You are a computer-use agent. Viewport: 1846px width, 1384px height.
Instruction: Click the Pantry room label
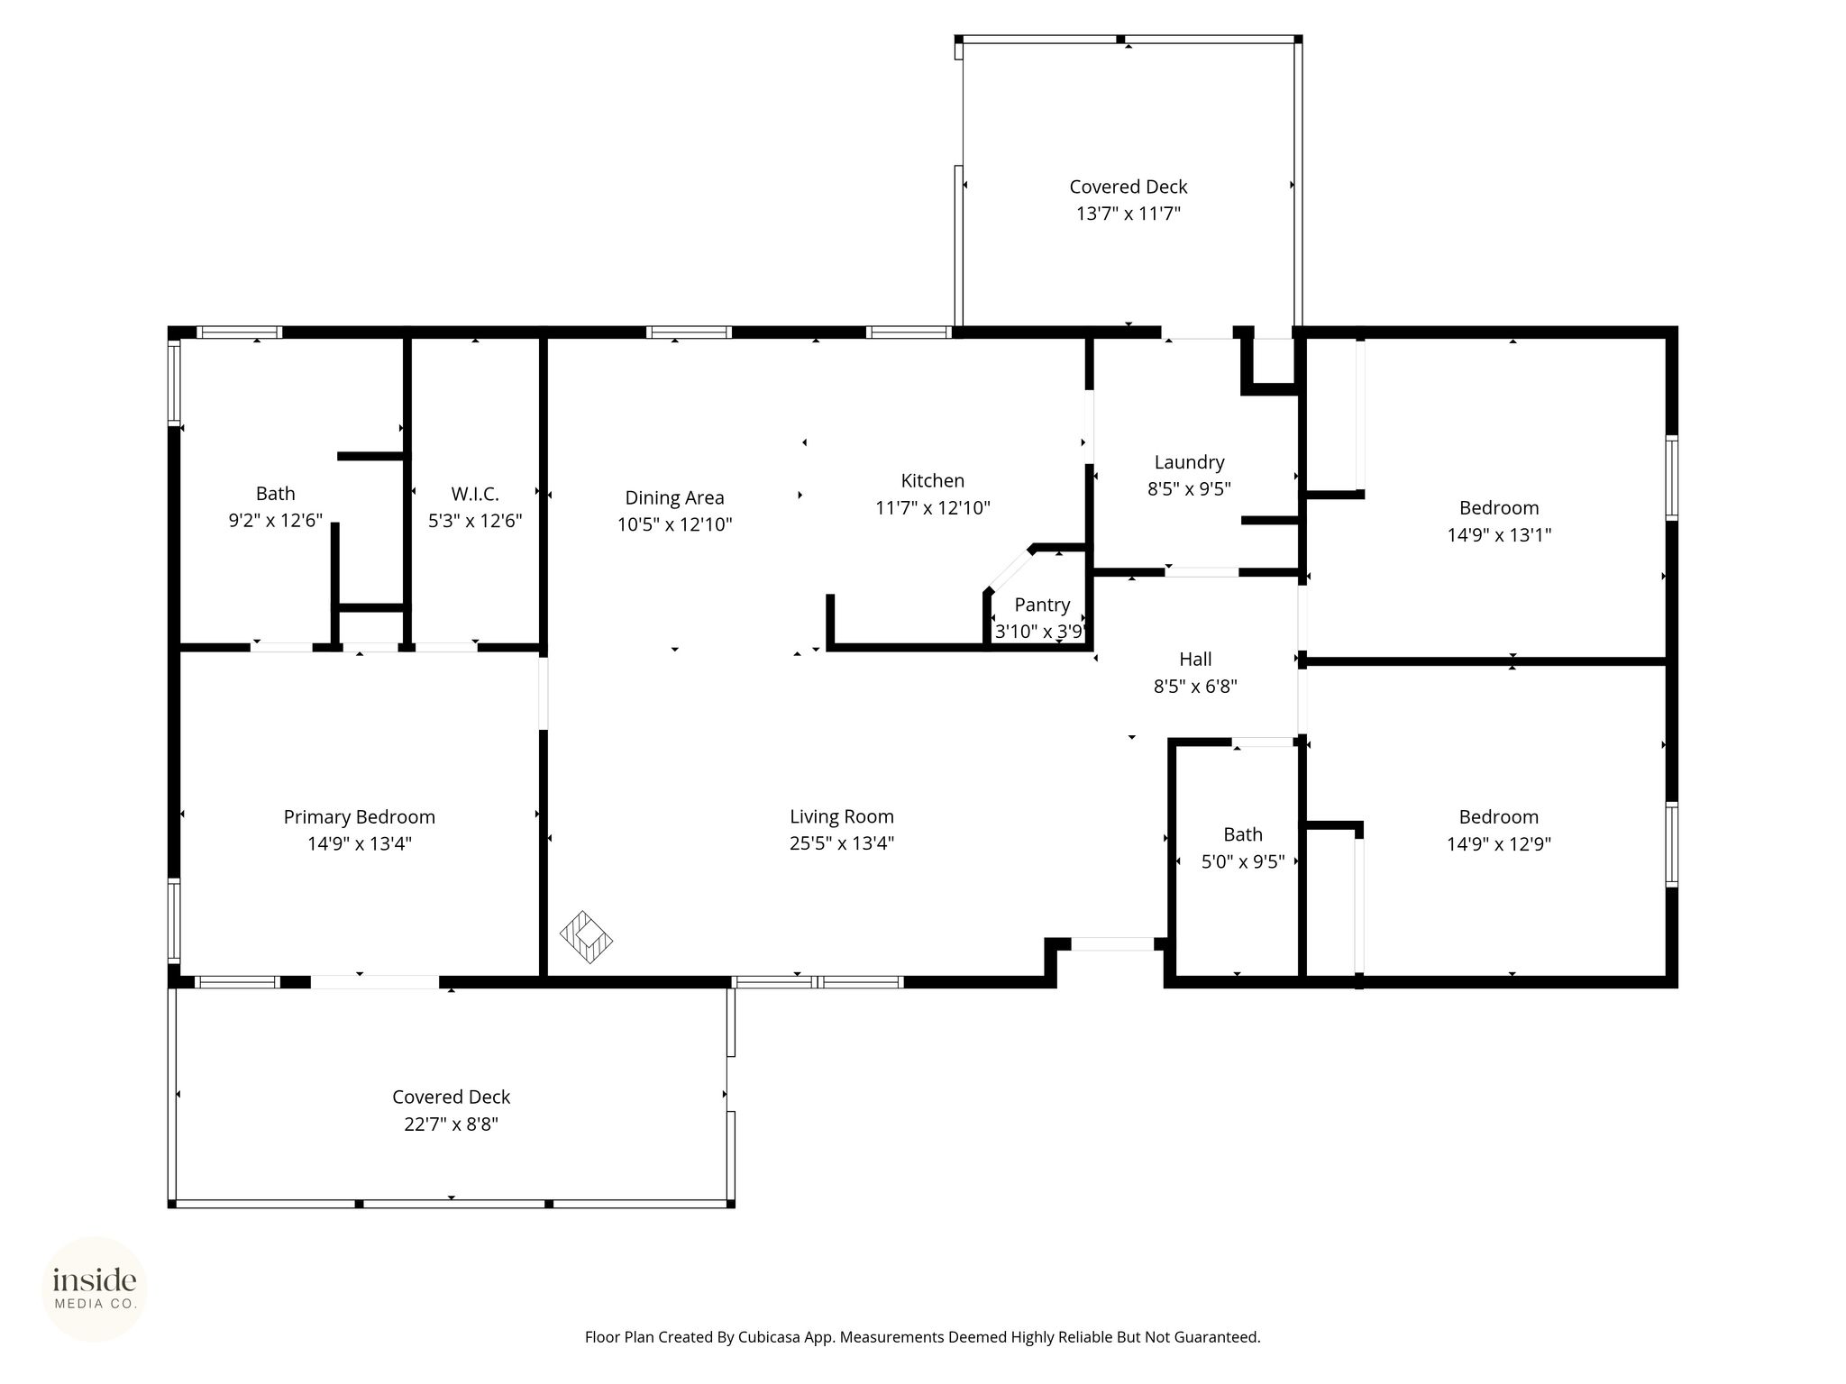(1042, 605)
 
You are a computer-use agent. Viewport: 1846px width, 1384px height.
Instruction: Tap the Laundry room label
(1189, 462)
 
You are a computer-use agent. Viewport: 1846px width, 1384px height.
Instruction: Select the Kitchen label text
(933, 480)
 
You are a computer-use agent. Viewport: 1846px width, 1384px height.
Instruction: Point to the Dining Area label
(674, 497)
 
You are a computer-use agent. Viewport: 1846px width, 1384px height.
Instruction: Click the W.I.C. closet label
(475, 494)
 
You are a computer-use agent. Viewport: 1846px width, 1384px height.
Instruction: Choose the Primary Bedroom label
(360, 817)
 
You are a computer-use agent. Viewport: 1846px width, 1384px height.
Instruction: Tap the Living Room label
(842, 817)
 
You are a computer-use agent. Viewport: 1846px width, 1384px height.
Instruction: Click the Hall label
(1195, 659)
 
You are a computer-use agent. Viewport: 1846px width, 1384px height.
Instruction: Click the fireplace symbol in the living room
(586, 937)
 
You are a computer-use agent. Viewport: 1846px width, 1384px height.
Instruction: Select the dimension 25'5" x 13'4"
(842, 843)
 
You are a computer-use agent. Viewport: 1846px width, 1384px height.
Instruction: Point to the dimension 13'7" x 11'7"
(1129, 214)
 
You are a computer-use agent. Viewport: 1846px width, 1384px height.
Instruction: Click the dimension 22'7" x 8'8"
(451, 1124)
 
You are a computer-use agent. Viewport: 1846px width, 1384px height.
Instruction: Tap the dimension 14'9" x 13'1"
(1499, 535)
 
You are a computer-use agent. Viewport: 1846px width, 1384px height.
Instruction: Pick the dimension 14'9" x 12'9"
(1499, 844)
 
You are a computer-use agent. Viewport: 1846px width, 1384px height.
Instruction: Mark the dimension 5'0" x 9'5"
(1243, 862)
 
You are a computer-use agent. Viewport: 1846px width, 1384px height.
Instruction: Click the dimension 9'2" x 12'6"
(276, 521)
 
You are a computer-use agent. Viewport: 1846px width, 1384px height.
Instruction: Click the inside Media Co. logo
(95, 1288)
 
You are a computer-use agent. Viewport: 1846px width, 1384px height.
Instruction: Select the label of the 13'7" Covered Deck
(1129, 187)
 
